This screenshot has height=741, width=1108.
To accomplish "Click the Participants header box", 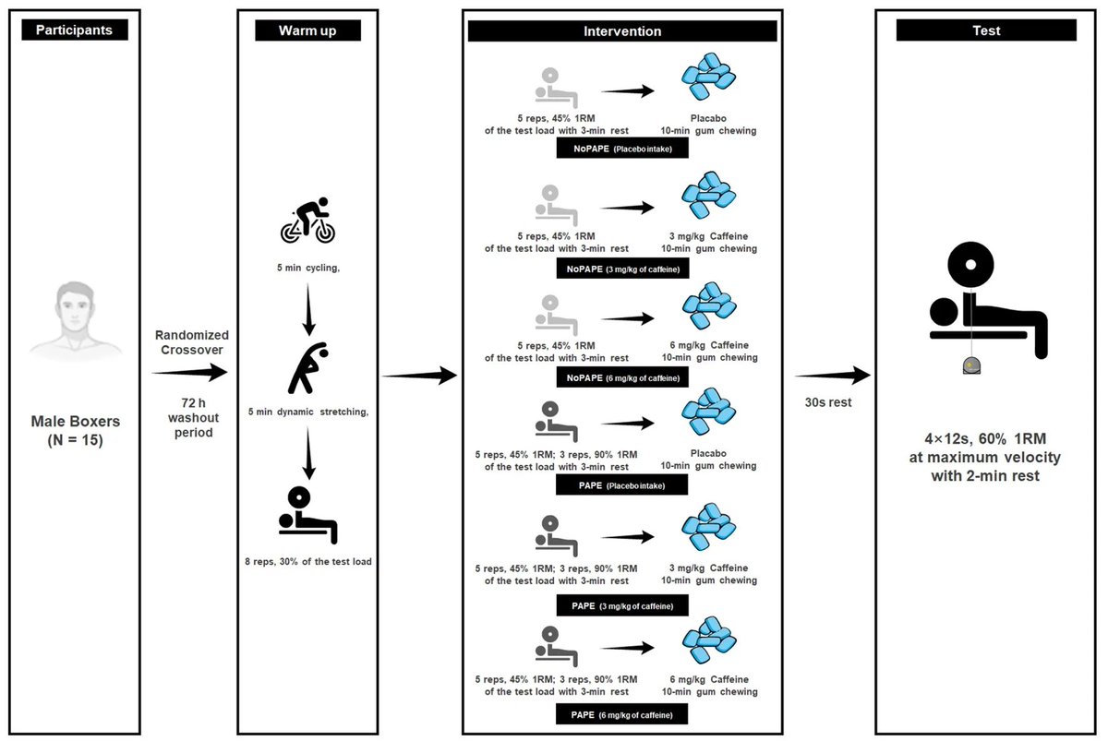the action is coord(75,30).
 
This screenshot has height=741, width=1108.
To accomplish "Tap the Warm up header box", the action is coord(307,30).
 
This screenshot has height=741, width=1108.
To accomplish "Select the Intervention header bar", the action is coord(622,31).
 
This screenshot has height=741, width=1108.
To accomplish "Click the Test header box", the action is coord(986,30).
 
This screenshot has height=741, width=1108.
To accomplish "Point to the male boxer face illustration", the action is coord(75,320).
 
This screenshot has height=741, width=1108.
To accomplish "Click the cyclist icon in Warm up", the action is coord(308,221).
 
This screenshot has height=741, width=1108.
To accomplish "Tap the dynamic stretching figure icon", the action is coord(308,368).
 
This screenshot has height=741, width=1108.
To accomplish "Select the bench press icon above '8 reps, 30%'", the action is coord(307,515).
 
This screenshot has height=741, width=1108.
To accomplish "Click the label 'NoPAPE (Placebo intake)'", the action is coord(622,149).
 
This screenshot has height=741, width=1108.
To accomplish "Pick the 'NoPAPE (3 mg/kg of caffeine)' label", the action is coord(622,269).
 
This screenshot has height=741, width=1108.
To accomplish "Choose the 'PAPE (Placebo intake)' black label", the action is coord(621,485).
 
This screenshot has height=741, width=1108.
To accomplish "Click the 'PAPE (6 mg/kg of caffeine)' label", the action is coord(621,714).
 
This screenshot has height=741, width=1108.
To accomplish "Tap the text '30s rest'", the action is coord(828,402).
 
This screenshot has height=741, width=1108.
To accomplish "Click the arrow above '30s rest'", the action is coord(833,376).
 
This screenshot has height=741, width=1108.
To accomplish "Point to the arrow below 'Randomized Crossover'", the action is coord(189,372).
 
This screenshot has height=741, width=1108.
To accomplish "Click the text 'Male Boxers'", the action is coord(75,421).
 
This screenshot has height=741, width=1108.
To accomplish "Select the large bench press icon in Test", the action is coord(988,307).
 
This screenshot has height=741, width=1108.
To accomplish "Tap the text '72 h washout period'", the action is coord(193,418).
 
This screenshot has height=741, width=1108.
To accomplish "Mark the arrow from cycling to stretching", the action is coord(308,309).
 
